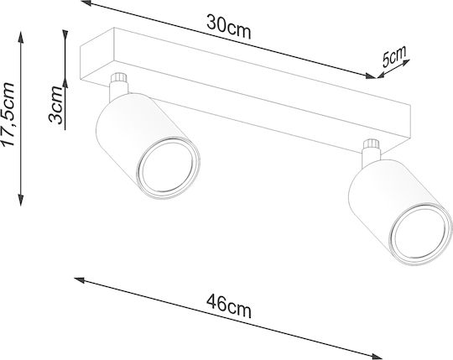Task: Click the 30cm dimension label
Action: [228, 27]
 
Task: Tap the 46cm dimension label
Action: [228, 306]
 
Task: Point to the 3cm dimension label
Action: [56, 105]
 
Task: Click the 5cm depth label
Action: [393, 56]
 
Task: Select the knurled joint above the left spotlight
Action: [119, 79]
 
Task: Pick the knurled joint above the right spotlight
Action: [372, 143]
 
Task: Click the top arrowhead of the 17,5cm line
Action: [21, 37]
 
